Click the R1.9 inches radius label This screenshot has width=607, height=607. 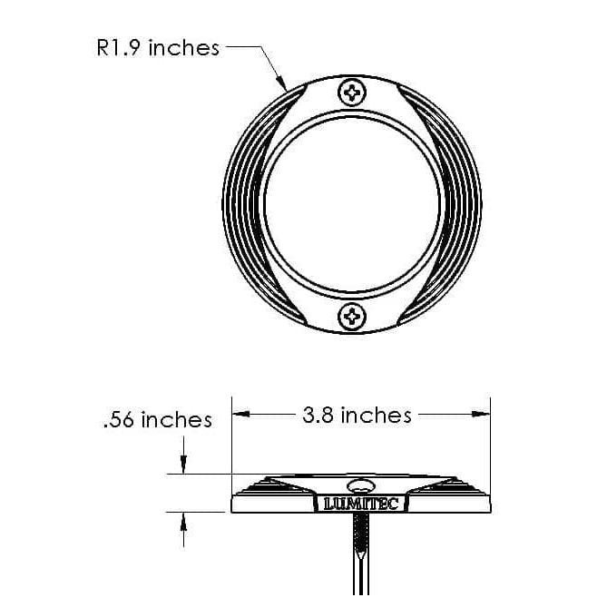point(158,48)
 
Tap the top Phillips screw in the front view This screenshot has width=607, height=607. point(351,92)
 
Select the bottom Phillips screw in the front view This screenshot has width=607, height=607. point(351,317)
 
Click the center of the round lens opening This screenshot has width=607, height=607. point(352,204)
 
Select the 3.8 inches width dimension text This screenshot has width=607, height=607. point(357,416)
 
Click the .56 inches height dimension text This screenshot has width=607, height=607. point(157,420)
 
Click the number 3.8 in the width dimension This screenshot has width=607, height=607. point(318,416)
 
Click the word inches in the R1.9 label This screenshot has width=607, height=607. point(184,48)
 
